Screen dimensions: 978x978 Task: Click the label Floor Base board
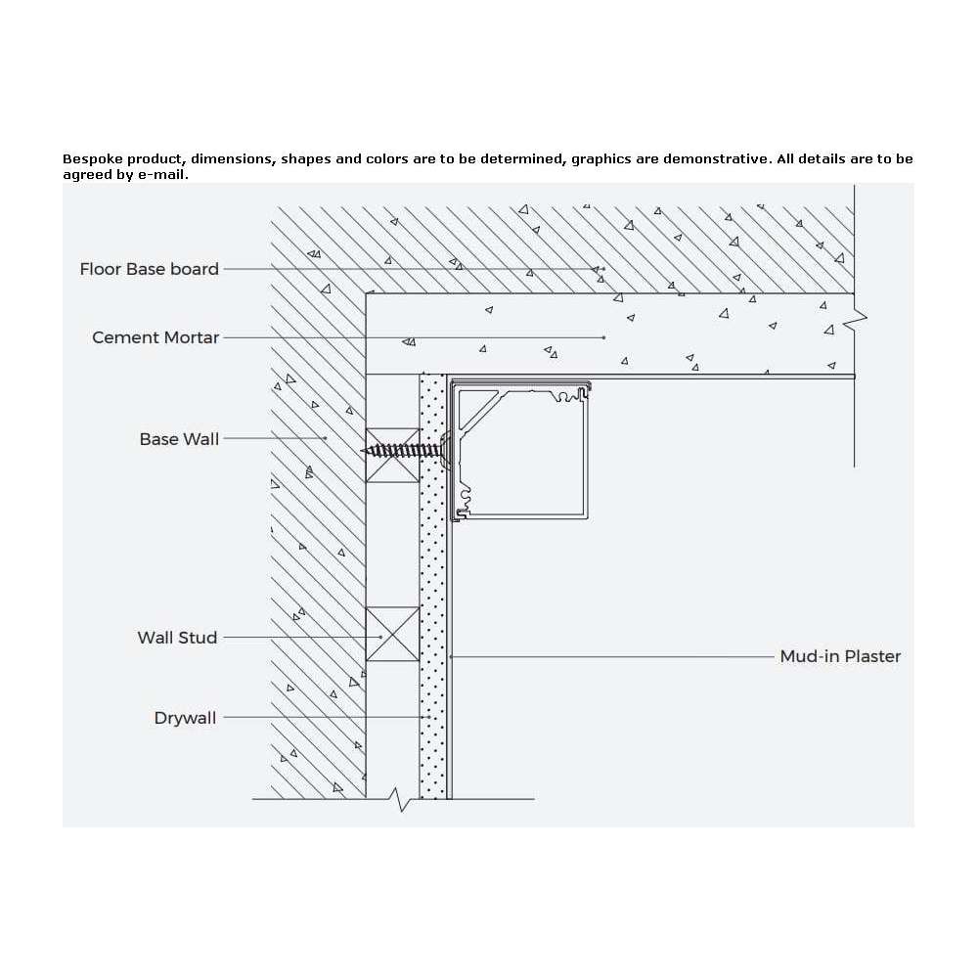click(x=149, y=269)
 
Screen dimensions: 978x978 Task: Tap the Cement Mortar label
click(x=156, y=337)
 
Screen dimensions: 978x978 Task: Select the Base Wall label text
click(x=179, y=439)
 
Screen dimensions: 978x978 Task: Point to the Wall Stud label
click(x=177, y=638)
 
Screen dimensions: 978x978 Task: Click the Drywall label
click(x=185, y=718)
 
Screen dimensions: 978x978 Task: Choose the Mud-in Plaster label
click(x=840, y=656)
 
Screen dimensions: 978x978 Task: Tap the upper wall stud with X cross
click(x=392, y=456)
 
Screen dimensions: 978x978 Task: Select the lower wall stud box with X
click(x=392, y=634)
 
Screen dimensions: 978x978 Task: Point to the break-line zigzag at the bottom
click(x=401, y=799)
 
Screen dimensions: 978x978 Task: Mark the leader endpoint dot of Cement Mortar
click(x=603, y=337)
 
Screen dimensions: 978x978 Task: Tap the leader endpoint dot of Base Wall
click(x=326, y=438)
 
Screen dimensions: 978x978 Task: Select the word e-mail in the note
click(x=162, y=175)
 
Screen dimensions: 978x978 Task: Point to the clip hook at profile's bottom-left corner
click(x=461, y=514)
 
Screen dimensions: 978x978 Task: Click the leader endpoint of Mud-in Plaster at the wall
click(x=451, y=656)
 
